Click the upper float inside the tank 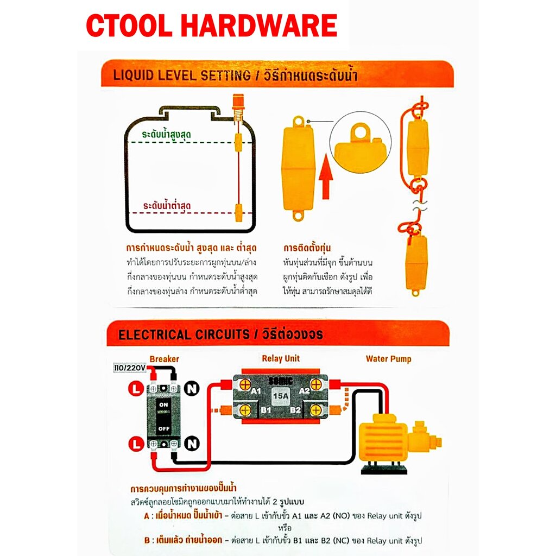[x=238, y=143]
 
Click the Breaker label [x=164, y=359]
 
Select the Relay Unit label [x=281, y=358]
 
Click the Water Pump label [x=388, y=359]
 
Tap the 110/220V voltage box [x=129, y=368]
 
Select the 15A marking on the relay [x=281, y=396]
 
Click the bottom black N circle [x=192, y=444]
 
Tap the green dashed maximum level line [x=190, y=143]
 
